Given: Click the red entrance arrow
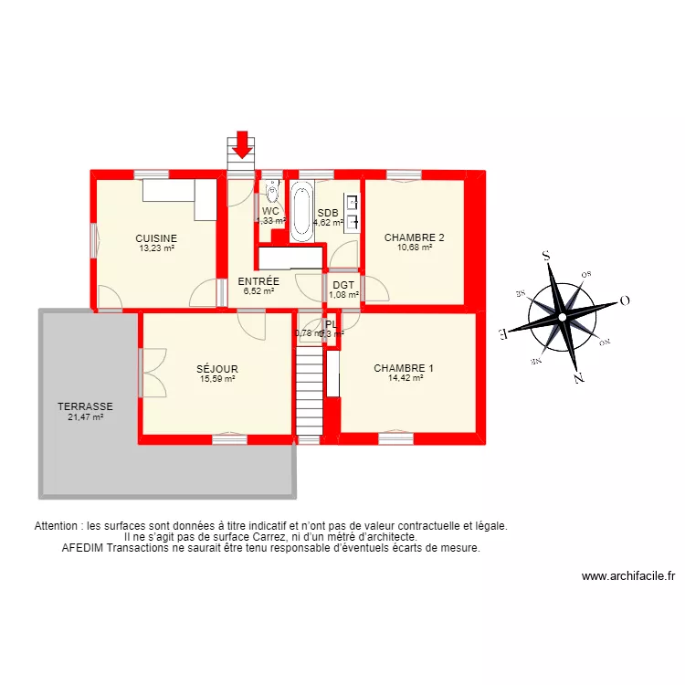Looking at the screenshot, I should [242, 143].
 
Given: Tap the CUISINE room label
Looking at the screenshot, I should [156, 238].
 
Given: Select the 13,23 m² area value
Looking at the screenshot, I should [156, 248].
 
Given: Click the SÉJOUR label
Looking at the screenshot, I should [217, 370].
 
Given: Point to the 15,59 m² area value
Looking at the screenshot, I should [217, 379].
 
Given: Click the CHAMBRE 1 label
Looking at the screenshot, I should [404, 369].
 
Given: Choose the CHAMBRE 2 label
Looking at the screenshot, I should [415, 237].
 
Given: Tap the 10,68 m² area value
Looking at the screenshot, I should [415, 247].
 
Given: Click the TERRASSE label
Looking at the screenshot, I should [85, 407].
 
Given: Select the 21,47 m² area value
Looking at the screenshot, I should [85, 417].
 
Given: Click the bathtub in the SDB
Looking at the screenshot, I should [301, 211].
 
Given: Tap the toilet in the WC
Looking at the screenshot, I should [272, 192].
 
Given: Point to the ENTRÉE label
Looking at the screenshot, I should [258, 281].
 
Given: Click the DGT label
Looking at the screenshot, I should [343, 285].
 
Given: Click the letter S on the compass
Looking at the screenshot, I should [545, 257].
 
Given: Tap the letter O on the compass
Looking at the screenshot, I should [626, 300].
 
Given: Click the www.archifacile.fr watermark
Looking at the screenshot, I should [628, 576].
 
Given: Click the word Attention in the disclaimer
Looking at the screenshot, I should [57, 526].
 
